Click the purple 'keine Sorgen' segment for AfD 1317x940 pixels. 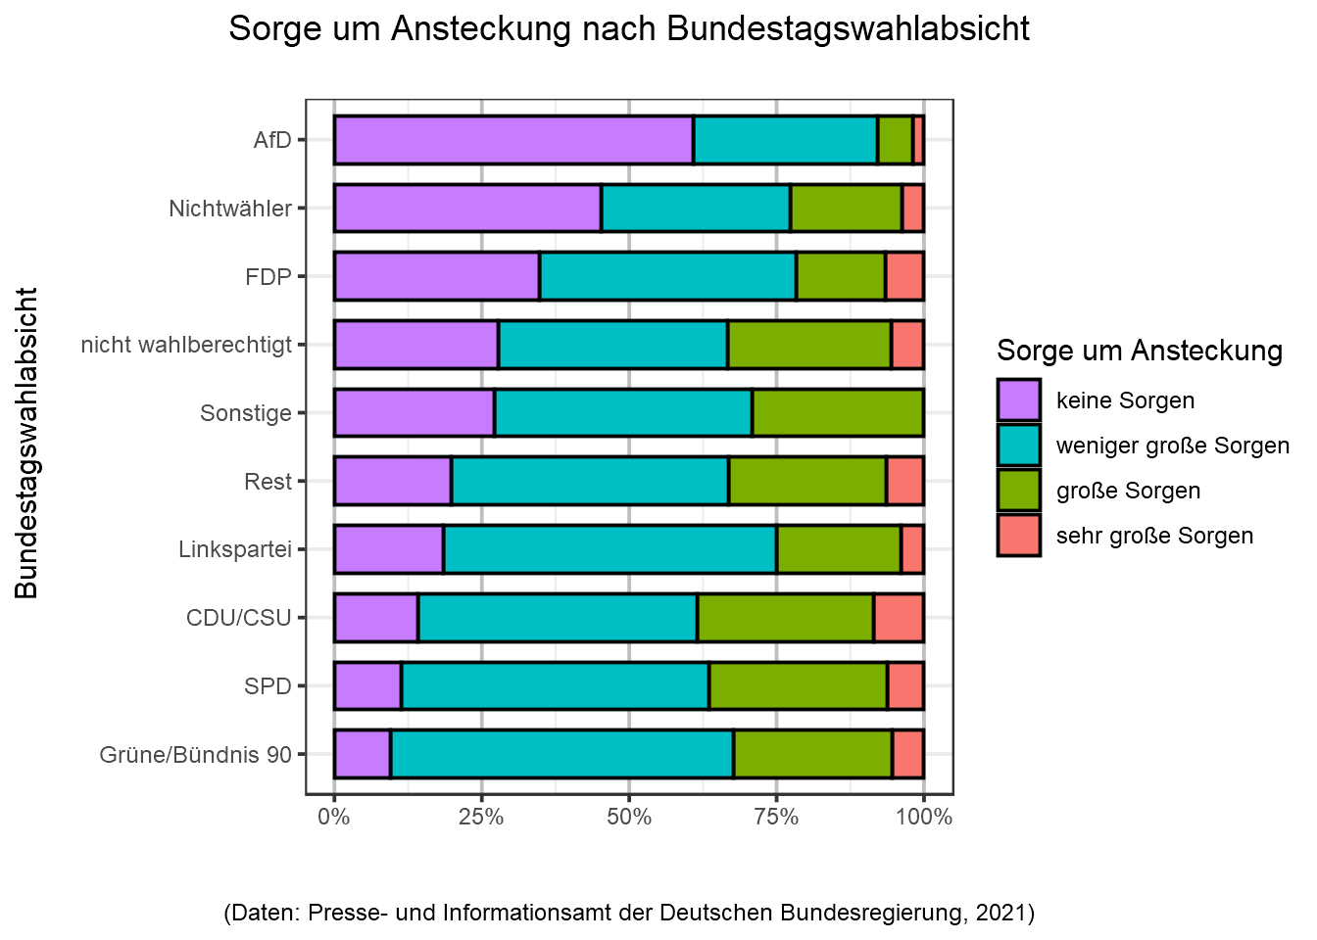513,140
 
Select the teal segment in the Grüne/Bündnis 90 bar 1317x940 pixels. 561,754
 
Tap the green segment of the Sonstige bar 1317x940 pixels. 838,412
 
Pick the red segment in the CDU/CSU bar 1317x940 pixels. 899,618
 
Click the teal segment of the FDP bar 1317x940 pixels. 667,276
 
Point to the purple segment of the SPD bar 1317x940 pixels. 368,685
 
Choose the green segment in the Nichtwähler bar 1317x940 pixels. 846,209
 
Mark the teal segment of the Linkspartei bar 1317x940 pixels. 610,549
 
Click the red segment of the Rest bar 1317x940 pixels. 904,481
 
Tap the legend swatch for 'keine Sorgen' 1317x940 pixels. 1019,400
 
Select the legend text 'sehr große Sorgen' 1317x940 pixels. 1154,536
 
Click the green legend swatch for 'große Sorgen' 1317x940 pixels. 1019,491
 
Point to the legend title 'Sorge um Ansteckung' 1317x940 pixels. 1140,351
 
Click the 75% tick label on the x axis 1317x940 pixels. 776,818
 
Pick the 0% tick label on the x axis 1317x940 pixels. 334,818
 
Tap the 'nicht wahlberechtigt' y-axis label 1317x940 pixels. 186,345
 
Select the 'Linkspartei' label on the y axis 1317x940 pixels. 235,549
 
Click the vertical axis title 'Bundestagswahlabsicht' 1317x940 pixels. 26,443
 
